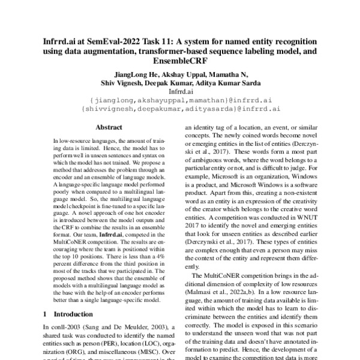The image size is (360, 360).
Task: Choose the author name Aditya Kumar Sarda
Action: click(x=227, y=84)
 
